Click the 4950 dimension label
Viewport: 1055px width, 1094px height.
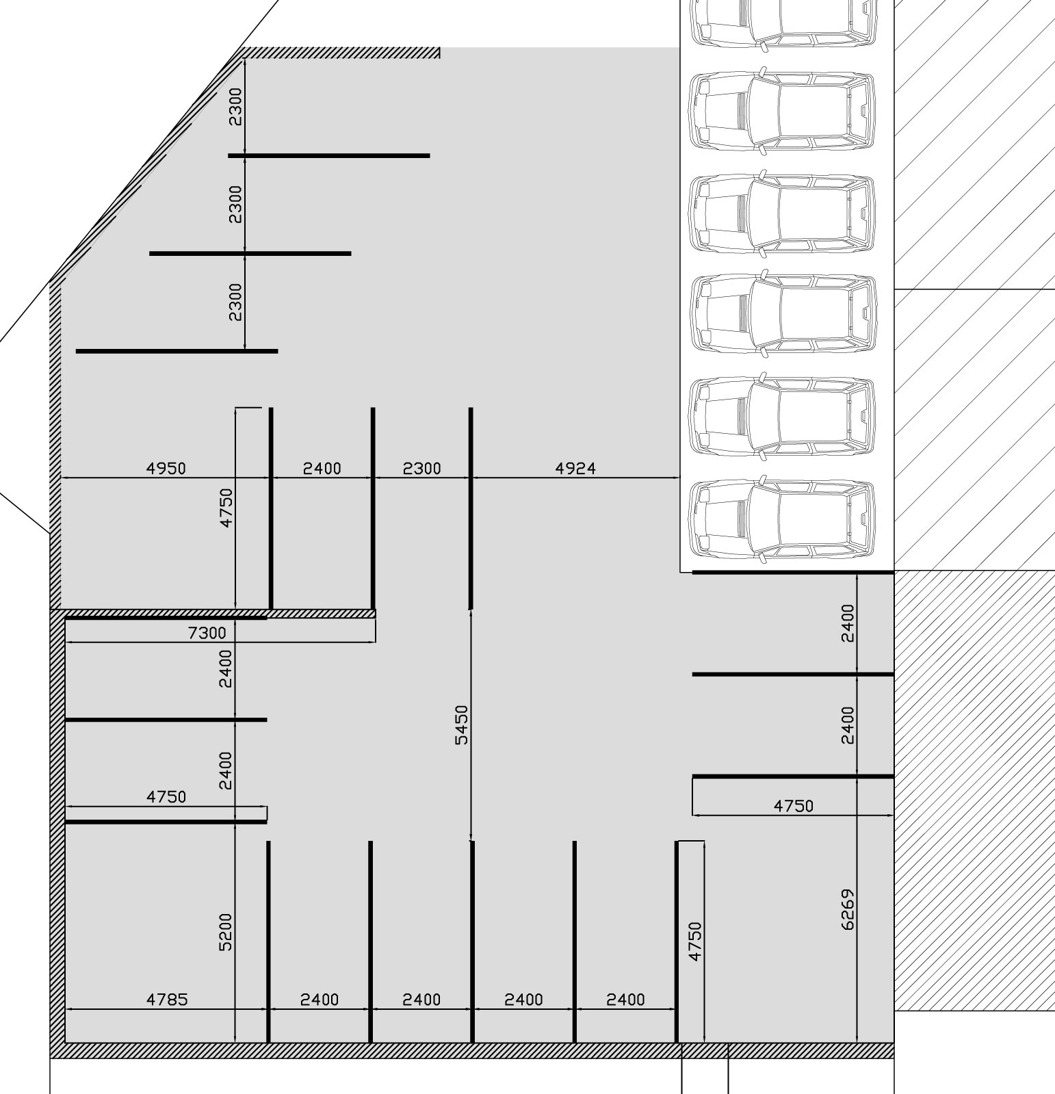point(166,468)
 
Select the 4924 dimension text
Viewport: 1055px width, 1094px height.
point(575,468)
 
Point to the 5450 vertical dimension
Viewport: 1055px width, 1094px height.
point(463,725)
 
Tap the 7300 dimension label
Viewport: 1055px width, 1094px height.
point(207,633)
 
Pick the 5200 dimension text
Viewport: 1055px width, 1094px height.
point(226,932)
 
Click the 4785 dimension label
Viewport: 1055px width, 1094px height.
point(167,1000)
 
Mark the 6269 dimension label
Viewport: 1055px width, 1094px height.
point(848,909)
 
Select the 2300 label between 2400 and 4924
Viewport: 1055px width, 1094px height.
point(421,468)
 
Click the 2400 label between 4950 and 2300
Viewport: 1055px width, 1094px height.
point(322,468)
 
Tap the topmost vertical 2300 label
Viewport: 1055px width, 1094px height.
point(235,106)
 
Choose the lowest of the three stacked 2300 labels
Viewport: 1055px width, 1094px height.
point(235,302)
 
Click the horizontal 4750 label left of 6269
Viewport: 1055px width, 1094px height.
point(794,806)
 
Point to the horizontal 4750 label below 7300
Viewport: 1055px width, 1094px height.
point(166,797)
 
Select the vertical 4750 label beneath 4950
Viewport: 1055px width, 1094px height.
point(226,507)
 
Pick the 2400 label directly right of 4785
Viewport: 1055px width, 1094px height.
point(320,1000)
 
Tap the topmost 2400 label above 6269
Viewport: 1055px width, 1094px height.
point(848,623)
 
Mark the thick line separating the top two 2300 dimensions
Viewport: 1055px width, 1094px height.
point(328,156)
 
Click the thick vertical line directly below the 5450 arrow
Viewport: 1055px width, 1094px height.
point(472,941)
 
